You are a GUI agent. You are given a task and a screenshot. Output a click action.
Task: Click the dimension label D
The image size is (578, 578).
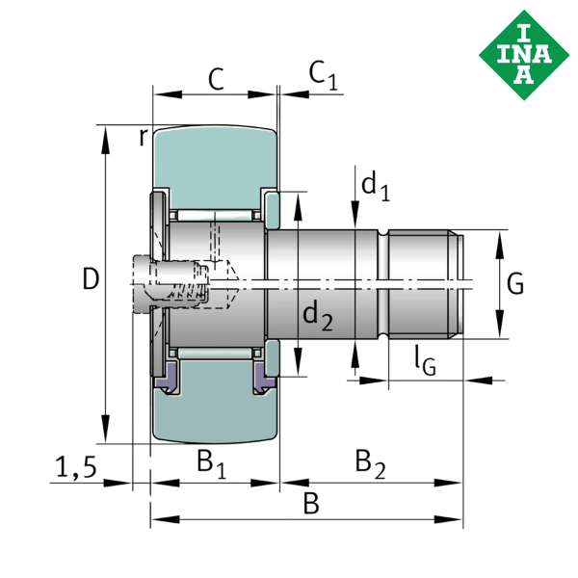pos(91,280)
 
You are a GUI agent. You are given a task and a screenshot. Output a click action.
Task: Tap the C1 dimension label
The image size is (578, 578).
pos(323,75)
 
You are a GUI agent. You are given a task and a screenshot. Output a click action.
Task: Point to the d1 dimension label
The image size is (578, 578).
pos(375,185)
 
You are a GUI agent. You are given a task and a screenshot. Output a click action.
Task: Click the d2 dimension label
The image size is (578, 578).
pos(317,315)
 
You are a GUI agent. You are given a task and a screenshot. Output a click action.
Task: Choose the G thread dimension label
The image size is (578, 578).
pos(515,284)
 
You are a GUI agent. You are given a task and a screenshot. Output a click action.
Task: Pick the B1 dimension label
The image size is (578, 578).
pos(211,462)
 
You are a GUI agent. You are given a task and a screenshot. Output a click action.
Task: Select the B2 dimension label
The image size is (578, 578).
pos(370,462)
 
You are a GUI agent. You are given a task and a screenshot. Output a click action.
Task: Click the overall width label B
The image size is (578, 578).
pos(310,502)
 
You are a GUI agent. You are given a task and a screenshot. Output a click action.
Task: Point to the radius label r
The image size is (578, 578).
pos(144,136)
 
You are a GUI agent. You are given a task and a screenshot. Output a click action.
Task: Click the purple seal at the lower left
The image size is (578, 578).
pos(167,377)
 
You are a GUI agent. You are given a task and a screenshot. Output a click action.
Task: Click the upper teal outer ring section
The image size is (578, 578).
pos(214,164)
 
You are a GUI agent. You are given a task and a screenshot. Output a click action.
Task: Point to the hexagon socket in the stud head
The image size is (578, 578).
pos(183,285)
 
